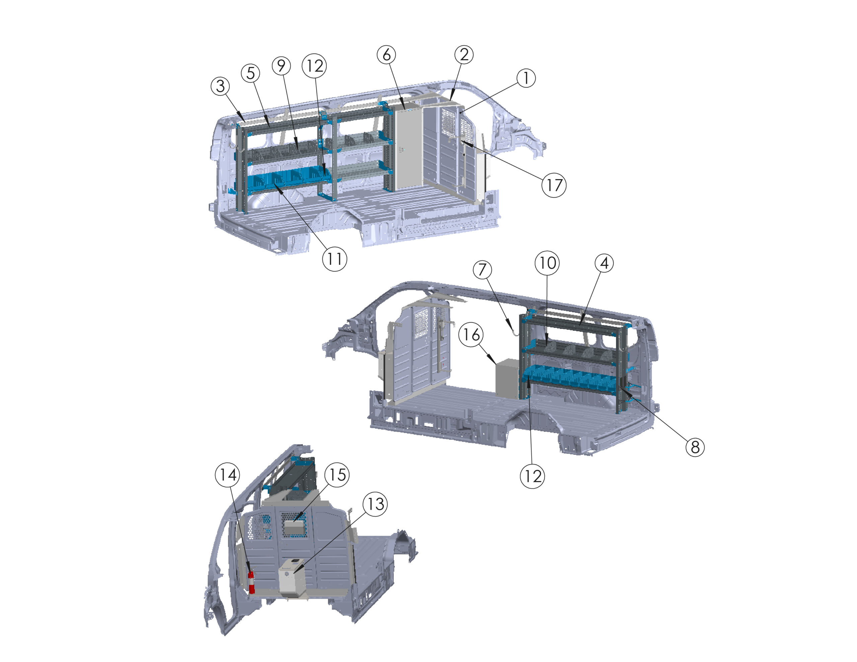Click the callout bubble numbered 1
526,78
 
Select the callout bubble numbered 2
464,55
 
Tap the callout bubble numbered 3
221,86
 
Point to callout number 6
387,55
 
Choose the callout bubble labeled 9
281,66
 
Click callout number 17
554,185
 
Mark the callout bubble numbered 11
334,259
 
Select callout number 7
482,270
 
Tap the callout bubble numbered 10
547,263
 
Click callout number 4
604,263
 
